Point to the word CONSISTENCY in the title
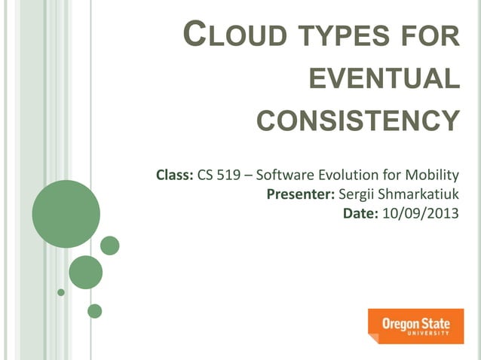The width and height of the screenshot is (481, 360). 358,120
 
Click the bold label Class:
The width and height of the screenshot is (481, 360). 174,177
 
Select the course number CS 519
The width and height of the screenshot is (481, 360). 224,177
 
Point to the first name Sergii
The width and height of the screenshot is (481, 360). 357,195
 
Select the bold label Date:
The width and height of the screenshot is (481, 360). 362,214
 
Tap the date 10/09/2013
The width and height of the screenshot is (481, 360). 421,214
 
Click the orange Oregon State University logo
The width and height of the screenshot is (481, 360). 415,325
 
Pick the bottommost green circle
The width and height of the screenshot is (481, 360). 94,310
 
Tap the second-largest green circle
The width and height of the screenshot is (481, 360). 85,272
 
